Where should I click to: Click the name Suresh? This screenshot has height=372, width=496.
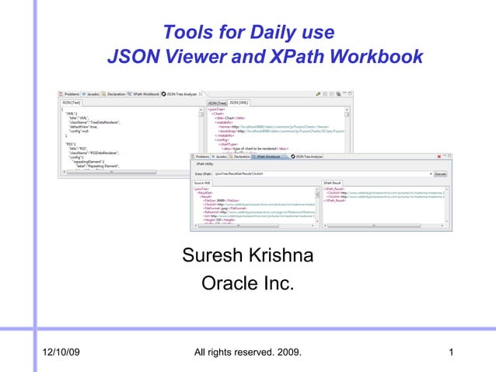[212, 256]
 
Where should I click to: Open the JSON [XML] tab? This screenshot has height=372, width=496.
[239, 102]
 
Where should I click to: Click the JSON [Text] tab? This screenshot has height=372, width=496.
[72, 102]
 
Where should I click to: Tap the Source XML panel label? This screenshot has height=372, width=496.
[204, 182]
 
